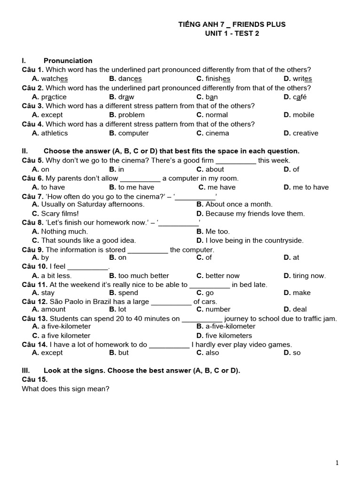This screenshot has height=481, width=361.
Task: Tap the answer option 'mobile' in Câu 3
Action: [303, 115]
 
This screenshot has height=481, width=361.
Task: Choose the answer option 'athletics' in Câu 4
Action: [54, 133]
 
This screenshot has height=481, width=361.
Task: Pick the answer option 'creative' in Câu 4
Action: [305, 133]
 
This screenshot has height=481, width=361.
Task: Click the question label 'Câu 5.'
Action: [33, 160]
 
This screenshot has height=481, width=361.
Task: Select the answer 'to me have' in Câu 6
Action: [136, 187]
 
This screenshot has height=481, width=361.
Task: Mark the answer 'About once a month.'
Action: [239, 204]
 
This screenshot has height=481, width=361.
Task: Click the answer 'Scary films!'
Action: [60, 213]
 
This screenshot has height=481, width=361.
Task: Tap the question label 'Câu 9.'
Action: [33, 250]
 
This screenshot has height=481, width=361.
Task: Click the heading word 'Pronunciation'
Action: [68, 61]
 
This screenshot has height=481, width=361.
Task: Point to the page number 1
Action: [337, 463]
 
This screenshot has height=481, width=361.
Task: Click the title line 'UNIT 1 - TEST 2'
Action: [232, 33]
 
